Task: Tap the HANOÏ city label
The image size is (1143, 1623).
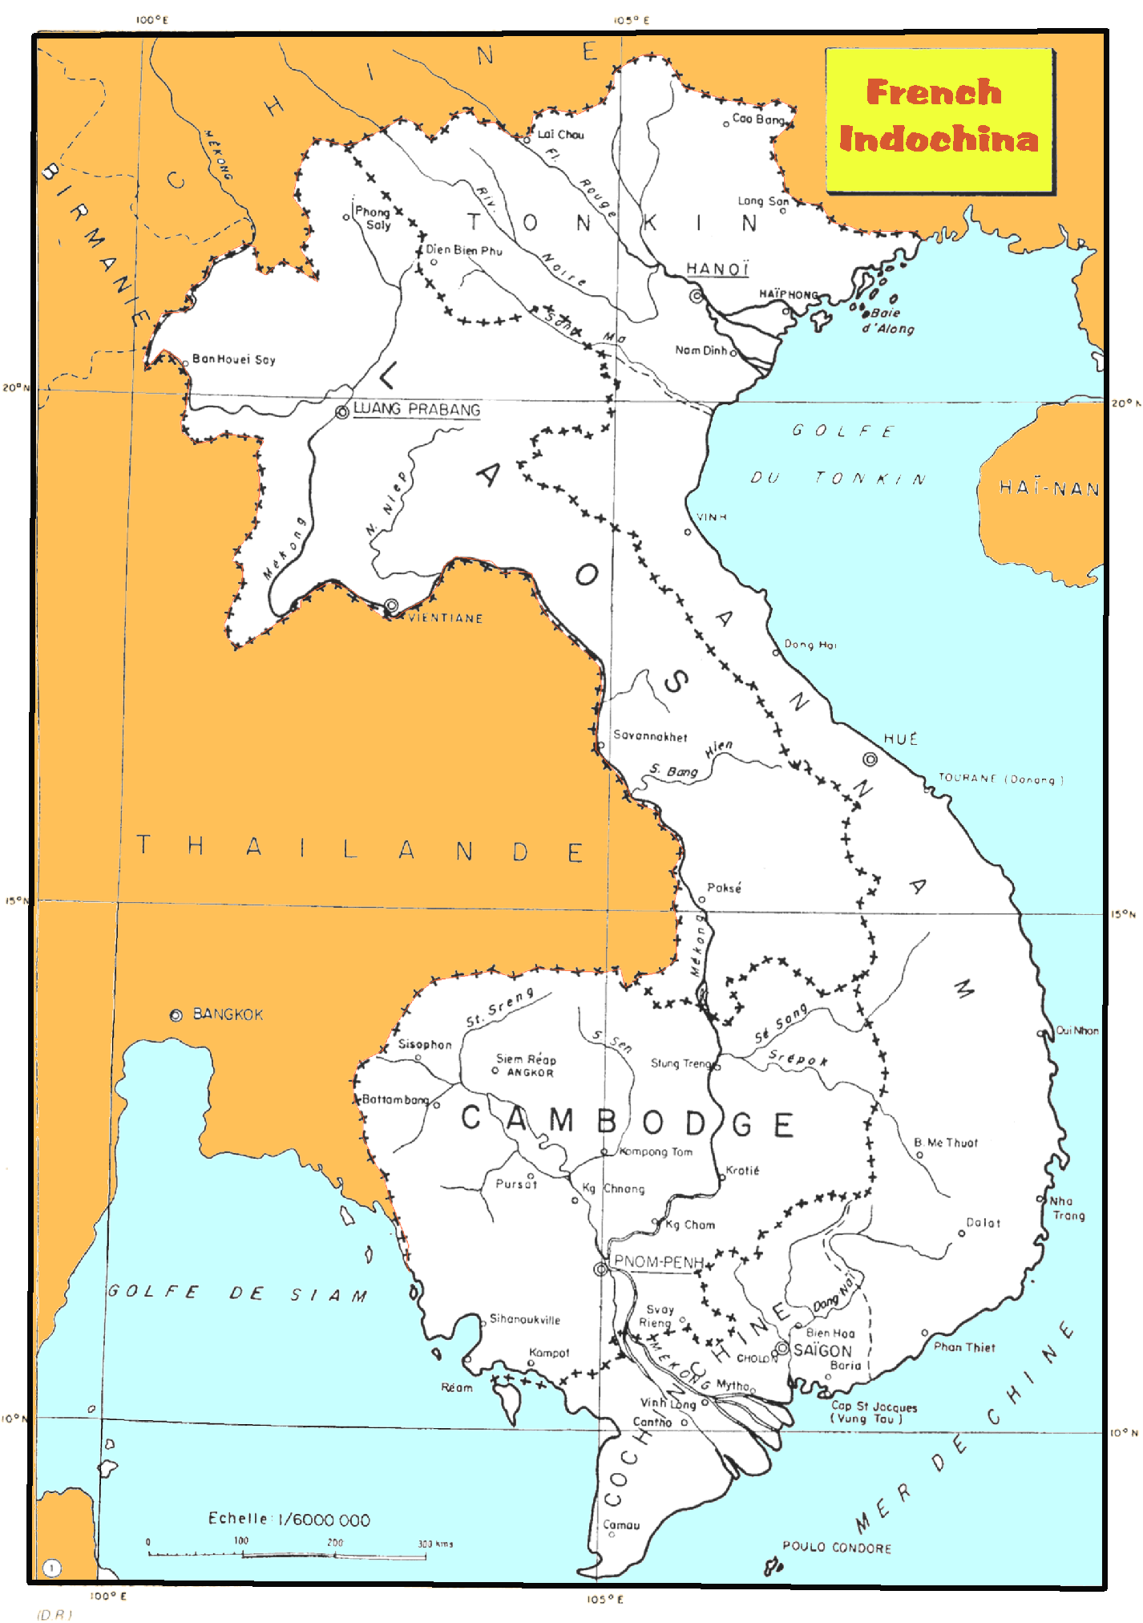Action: click(717, 269)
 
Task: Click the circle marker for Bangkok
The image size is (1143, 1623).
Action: click(176, 1015)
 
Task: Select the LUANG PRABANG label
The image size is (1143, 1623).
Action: click(417, 409)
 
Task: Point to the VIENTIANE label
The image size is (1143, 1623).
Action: click(446, 618)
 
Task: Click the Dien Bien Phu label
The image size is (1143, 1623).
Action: click(463, 250)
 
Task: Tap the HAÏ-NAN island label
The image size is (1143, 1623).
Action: click(1048, 488)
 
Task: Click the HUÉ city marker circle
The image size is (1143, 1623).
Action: click(870, 759)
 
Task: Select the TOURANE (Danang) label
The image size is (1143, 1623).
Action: click(1000, 779)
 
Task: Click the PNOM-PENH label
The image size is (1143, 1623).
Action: click(658, 1262)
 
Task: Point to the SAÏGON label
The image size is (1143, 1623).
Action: click(822, 1350)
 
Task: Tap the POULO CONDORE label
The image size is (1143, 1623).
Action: click(837, 1548)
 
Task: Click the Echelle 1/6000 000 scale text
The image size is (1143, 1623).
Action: click(289, 1520)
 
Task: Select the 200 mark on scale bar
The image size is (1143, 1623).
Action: click(335, 1542)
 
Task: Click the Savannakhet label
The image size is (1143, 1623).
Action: click(650, 735)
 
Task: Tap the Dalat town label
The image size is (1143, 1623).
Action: click(983, 1223)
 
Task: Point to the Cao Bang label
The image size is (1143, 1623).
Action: click(757, 119)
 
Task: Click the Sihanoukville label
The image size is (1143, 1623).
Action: click(525, 1319)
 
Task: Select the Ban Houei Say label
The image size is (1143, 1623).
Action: click(234, 359)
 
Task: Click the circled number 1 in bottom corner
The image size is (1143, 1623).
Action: click(51, 1568)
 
